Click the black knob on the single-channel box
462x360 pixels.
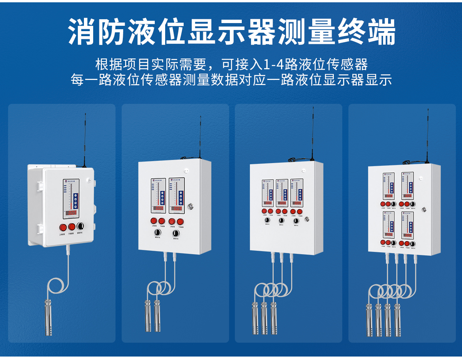point(81,226)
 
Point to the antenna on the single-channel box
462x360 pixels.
point(85,138)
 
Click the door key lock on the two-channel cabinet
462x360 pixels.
point(190,206)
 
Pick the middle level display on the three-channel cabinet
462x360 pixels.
point(281,192)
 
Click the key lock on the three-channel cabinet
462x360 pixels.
point(307,219)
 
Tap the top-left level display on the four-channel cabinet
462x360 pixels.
point(388,187)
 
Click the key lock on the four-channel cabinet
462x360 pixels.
point(425,209)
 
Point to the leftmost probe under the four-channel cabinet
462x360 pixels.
point(369,319)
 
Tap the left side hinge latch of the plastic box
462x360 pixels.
point(39,186)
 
